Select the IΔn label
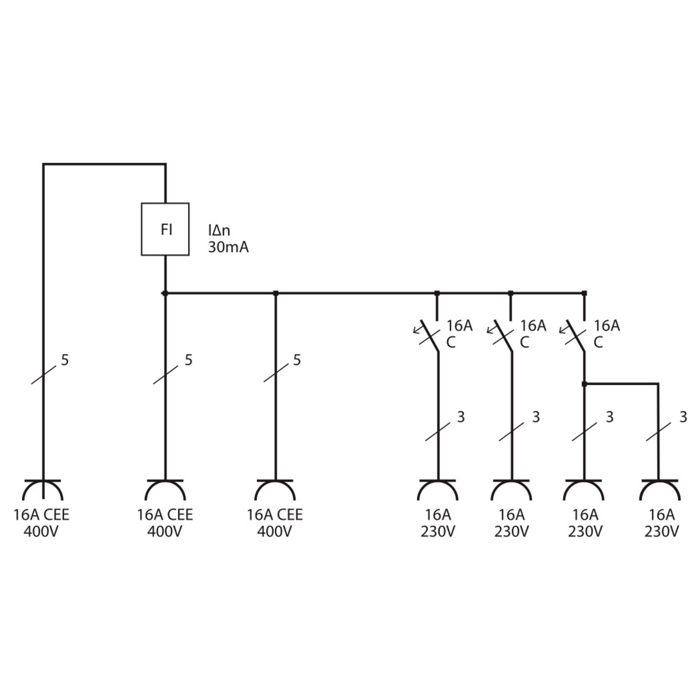[x=219, y=230]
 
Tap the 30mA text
[x=228, y=247]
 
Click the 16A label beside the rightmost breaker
[x=607, y=326]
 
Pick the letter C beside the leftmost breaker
[x=451, y=342]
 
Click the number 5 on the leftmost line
[x=65, y=360]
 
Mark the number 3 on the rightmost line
[x=683, y=417]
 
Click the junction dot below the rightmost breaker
[x=584, y=384]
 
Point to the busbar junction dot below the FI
[x=165, y=293]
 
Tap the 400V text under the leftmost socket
[x=41, y=532]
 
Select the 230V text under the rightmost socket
[x=662, y=532]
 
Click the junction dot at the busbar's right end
[x=584, y=293]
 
